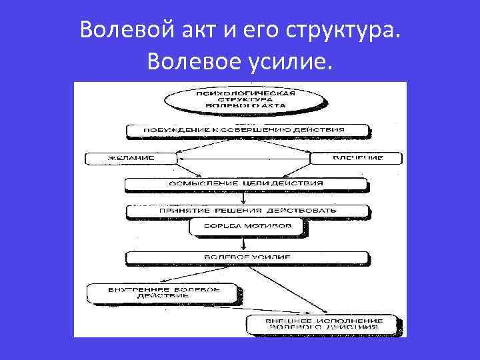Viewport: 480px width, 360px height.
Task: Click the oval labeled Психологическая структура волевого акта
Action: click(x=244, y=100)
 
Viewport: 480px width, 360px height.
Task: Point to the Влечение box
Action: click(x=357, y=158)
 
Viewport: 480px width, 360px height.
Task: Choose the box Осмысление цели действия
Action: click(x=246, y=183)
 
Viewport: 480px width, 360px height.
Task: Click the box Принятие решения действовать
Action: click(x=247, y=210)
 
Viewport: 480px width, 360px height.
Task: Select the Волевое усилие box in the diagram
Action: click(x=246, y=257)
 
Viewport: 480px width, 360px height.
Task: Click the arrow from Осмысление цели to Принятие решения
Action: click(x=246, y=197)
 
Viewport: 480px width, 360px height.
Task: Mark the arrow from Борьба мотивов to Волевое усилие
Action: click(x=246, y=243)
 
